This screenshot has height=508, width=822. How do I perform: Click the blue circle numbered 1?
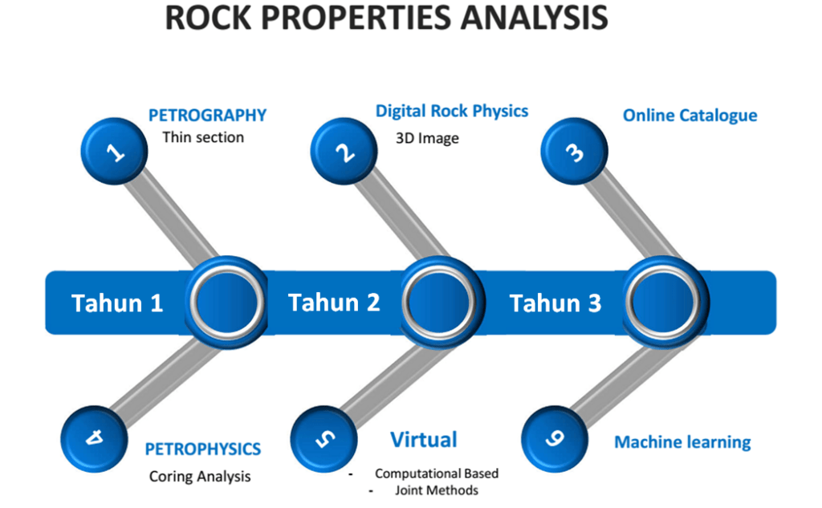(x=115, y=149)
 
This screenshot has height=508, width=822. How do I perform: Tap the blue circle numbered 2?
(x=344, y=151)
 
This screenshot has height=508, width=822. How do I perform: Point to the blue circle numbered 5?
(x=324, y=438)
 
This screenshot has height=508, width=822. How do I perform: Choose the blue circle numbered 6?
(x=555, y=438)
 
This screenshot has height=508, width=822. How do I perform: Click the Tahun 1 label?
(x=117, y=303)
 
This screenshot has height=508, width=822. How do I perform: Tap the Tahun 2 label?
(x=334, y=303)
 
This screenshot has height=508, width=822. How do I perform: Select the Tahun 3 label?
(x=555, y=303)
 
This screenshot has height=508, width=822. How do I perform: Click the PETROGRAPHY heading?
(x=207, y=116)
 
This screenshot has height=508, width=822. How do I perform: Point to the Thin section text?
(x=203, y=137)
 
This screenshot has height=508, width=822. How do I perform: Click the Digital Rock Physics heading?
(x=452, y=112)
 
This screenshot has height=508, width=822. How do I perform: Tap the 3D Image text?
(x=427, y=138)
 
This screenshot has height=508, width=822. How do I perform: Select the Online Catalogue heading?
(x=690, y=116)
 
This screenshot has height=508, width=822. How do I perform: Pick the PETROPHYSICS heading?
(x=202, y=449)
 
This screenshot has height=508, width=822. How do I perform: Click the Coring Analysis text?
(x=200, y=477)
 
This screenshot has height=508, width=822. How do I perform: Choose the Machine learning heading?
(x=682, y=442)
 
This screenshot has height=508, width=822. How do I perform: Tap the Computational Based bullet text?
(x=437, y=473)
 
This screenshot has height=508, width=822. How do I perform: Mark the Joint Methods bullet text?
(x=437, y=490)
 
